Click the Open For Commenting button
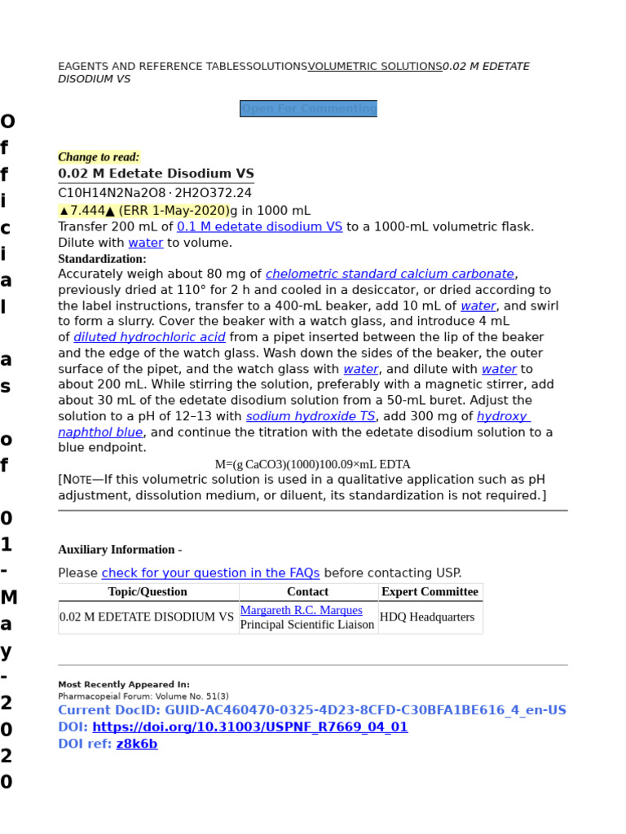click(x=308, y=108)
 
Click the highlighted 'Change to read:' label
click(x=99, y=157)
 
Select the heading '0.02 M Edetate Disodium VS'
click(x=156, y=173)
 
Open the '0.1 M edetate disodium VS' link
click(x=259, y=226)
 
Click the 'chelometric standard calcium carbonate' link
click(x=390, y=274)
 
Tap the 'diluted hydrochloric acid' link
click(x=149, y=337)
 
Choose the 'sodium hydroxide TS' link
click(x=311, y=416)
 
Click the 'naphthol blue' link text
click(x=100, y=432)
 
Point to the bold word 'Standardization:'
click(x=102, y=259)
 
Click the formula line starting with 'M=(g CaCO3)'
click(x=312, y=464)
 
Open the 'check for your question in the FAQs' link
click(x=210, y=573)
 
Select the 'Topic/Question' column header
click(x=148, y=592)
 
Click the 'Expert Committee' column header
click(x=430, y=592)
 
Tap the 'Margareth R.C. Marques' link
click(x=301, y=610)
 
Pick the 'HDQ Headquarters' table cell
click(x=427, y=617)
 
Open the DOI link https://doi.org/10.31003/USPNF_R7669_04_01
click(x=249, y=727)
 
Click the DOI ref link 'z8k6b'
click(x=137, y=744)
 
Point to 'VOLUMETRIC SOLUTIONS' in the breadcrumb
click(x=375, y=67)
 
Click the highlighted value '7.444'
click(x=87, y=211)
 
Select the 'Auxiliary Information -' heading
click(x=120, y=550)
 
